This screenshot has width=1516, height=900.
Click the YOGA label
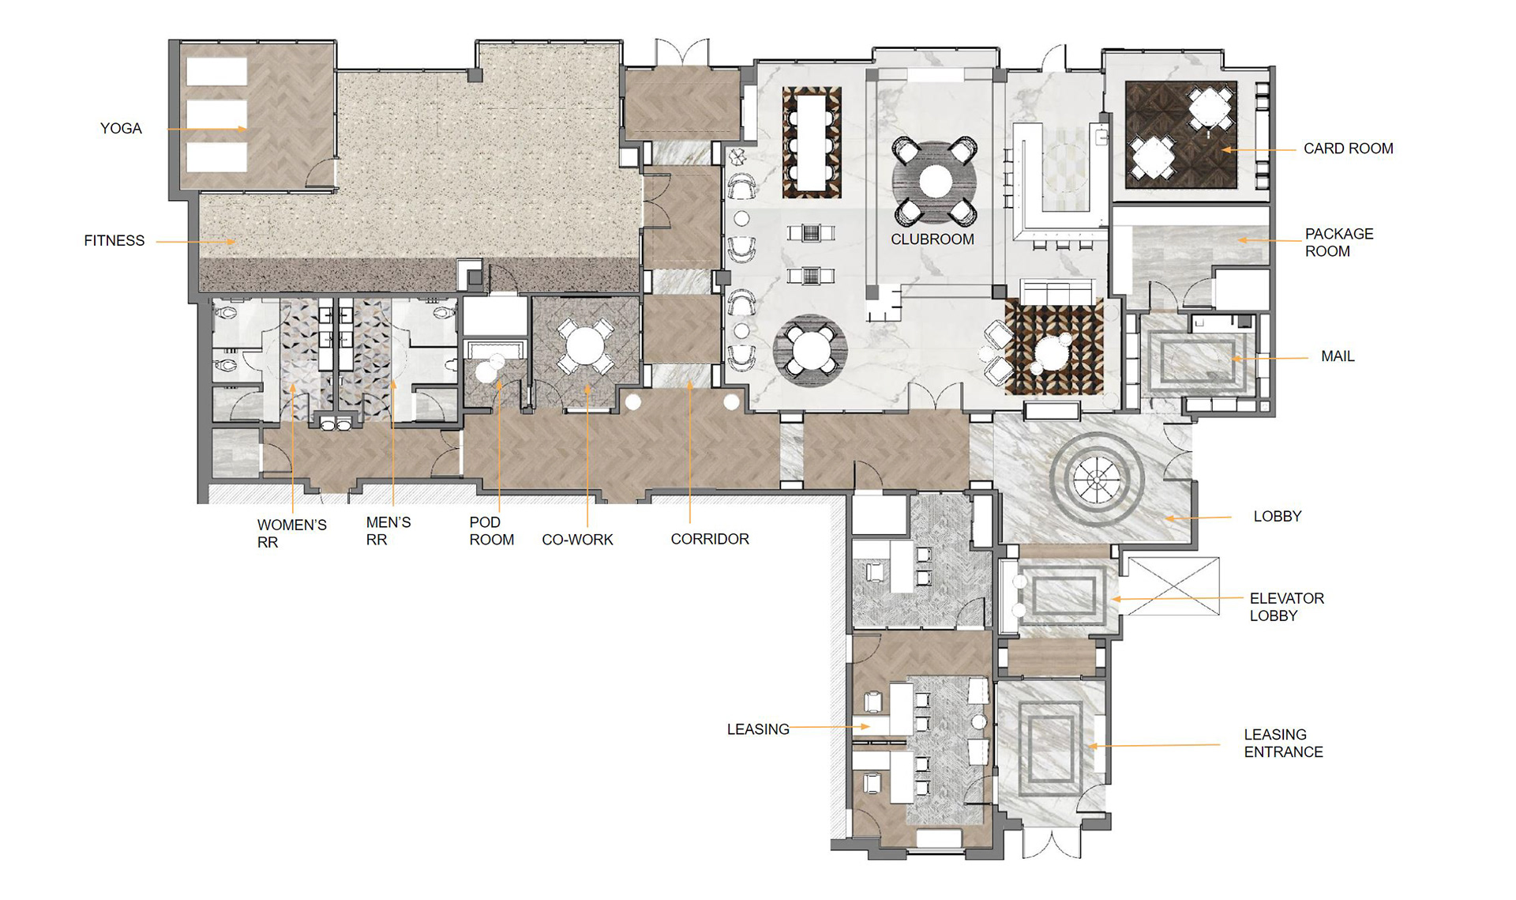click(121, 129)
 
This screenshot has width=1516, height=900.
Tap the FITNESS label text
click(114, 241)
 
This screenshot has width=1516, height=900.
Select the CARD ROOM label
click(1348, 149)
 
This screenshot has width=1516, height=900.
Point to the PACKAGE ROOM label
click(1339, 243)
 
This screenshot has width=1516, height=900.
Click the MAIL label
click(1338, 356)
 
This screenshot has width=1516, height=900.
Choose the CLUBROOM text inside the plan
click(932, 239)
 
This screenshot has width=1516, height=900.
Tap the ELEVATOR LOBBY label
click(1286, 607)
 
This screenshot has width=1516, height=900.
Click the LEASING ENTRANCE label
click(1283, 744)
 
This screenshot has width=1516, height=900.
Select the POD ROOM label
click(491, 531)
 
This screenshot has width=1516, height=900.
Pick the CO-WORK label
click(577, 540)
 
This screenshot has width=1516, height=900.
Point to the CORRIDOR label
click(710, 539)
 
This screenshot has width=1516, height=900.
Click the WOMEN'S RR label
click(291, 533)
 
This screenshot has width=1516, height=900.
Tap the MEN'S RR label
click(388, 531)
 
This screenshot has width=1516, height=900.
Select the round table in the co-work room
click(584, 348)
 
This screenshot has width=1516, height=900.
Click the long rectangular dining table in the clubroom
click(811, 143)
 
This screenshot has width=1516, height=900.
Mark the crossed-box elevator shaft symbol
click(1173, 586)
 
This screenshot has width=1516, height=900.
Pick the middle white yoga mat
click(217, 115)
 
